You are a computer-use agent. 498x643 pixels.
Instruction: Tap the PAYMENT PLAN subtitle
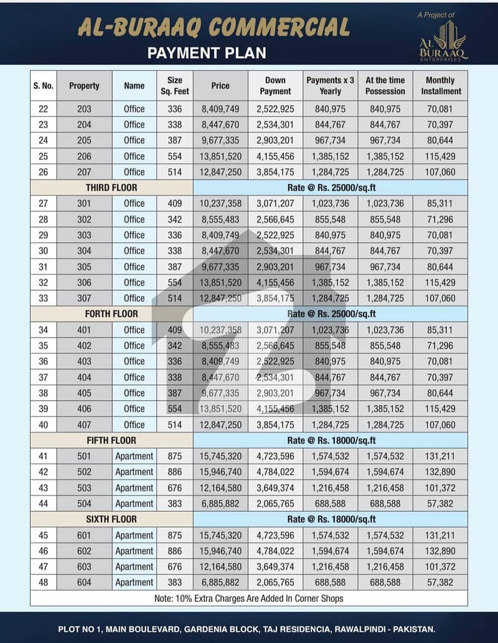[207, 52]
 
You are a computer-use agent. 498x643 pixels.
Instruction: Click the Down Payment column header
[275, 86]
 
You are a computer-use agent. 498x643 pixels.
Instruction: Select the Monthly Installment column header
[441, 86]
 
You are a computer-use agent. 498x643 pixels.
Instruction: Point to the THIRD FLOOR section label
[111, 187]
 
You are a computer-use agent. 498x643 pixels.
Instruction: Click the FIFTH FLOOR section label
[111, 440]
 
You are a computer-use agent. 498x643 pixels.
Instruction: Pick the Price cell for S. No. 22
[220, 109]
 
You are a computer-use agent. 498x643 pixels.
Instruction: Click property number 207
[84, 172]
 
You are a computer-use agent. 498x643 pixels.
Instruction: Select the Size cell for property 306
[175, 282]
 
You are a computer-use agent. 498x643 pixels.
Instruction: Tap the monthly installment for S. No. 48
[441, 583]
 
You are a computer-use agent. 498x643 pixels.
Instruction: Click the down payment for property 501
[275, 456]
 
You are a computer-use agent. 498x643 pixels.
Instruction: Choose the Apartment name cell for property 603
[134, 567]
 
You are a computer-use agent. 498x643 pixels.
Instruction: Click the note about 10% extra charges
[249, 598]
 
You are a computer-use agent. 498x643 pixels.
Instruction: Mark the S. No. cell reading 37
[43, 377]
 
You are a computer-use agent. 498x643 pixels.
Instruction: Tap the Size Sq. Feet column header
[175, 86]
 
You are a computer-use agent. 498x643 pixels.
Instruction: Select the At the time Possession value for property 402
[385, 346]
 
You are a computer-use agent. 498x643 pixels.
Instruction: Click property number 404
[84, 377]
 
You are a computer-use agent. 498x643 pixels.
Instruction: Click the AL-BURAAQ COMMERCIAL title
[214, 27]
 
